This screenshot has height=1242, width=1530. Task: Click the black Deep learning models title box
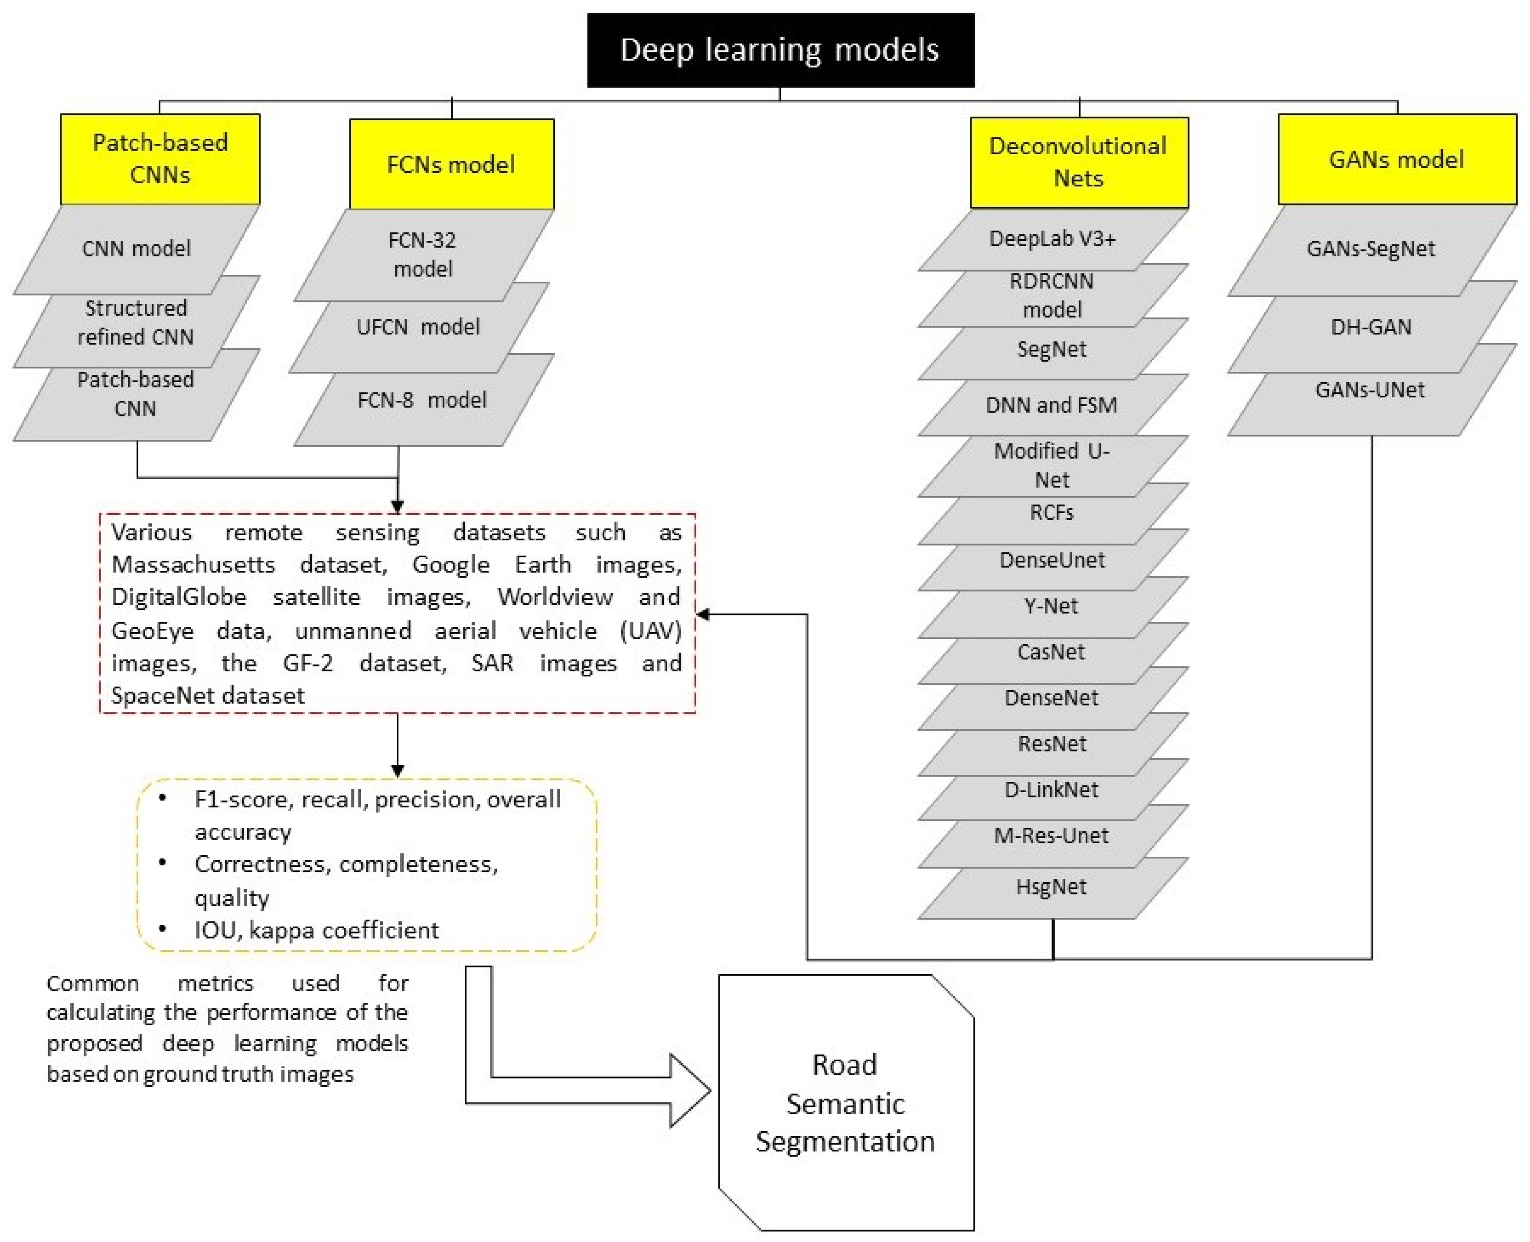(x=780, y=50)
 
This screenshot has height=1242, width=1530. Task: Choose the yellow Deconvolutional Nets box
(x=1078, y=163)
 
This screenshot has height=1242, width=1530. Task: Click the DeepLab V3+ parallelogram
(x=1052, y=239)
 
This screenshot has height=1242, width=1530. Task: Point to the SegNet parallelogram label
(x=1051, y=349)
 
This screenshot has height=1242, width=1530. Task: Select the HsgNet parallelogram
(x=1051, y=887)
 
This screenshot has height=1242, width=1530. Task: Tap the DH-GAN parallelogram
(x=1370, y=327)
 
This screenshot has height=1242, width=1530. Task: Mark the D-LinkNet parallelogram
(x=1051, y=790)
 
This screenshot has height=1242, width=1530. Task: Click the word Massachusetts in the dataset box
(x=193, y=565)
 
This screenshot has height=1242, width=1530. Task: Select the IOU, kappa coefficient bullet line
(x=316, y=930)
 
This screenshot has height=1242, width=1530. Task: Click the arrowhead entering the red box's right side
(x=703, y=614)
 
